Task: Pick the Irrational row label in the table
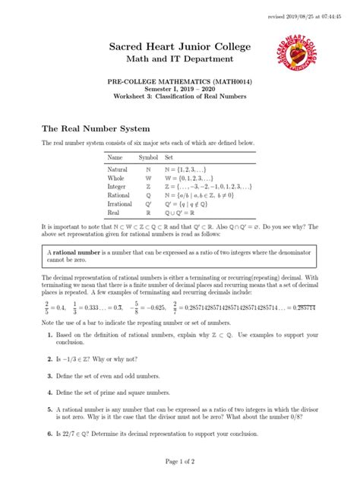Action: coord(120,204)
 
